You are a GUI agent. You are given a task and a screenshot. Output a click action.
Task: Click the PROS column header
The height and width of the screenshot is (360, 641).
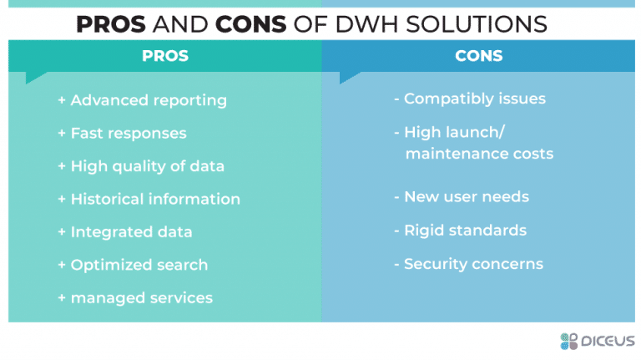164,56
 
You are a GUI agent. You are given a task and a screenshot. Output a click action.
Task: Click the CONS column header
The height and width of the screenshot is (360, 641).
478,56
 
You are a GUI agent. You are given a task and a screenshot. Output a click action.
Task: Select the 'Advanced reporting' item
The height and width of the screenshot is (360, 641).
148,100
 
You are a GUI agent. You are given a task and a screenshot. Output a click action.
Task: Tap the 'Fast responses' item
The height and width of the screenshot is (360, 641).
128,134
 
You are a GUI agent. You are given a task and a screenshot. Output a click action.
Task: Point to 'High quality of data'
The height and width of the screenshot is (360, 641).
147,166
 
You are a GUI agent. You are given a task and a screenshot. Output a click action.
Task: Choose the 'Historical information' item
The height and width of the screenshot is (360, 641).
154,199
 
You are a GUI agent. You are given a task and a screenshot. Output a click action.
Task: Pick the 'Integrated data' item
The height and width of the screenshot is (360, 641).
131,231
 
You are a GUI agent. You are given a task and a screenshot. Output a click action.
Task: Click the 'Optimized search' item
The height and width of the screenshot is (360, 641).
139,265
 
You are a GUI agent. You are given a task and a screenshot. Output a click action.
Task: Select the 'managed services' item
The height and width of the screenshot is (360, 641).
141,297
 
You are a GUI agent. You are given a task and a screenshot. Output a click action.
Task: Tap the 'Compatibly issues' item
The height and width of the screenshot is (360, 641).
474,99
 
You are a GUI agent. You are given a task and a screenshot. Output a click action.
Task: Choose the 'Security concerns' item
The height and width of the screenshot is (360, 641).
473,264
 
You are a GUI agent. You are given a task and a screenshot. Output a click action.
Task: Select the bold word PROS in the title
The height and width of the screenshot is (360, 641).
110,24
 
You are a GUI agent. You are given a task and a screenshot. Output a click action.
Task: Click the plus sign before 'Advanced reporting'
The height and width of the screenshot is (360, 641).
62,100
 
